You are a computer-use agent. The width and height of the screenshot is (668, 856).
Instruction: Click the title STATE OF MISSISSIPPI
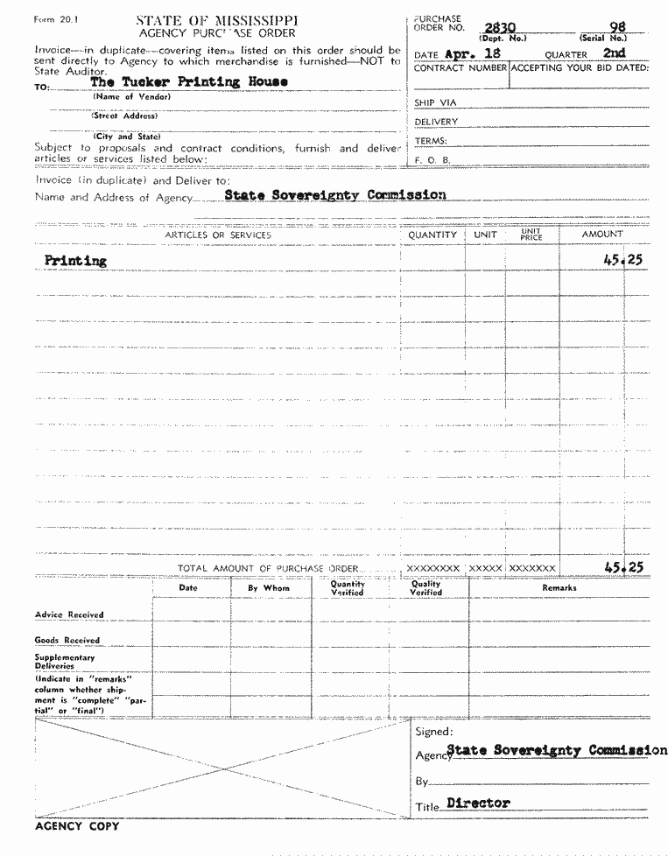[x=216, y=20]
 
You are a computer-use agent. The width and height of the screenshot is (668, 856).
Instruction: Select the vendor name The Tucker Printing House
[x=189, y=81]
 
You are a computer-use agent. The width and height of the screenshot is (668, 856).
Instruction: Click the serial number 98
[x=617, y=28]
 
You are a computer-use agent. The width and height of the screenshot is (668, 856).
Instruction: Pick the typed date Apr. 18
[x=473, y=53]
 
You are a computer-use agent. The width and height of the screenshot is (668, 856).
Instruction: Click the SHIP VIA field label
[x=435, y=102]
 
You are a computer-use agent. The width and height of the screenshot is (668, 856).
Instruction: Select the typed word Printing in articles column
[x=75, y=260]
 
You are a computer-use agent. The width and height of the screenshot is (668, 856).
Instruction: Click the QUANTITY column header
[x=432, y=235]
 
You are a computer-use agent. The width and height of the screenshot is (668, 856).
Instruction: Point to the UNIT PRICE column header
[x=531, y=235]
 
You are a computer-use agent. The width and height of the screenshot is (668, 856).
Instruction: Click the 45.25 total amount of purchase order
[x=623, y=567]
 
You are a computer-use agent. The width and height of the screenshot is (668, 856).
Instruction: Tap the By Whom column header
[x=268, y=588]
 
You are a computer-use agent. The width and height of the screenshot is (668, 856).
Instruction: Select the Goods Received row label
[x=67, y=640]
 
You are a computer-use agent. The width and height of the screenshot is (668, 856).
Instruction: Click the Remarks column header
[x=559, y=588]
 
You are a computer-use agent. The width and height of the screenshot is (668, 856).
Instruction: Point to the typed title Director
[x=478, y=802]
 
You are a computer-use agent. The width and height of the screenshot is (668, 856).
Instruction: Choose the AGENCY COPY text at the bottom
[x=77, y=825]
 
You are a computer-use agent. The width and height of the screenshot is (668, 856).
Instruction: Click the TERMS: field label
[x=431, y=141]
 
